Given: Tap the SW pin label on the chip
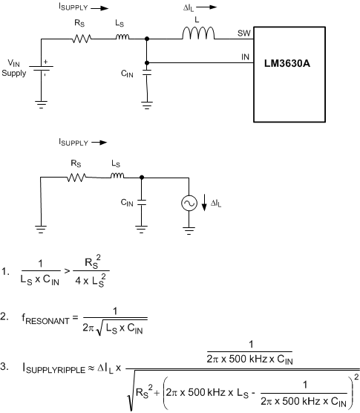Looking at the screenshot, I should point(243,33).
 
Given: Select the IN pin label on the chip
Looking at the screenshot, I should point(245,56).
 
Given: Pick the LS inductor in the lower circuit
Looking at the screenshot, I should point(117,176).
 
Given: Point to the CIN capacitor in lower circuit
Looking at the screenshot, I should point(141,201).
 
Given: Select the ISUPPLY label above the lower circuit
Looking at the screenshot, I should point(73,140).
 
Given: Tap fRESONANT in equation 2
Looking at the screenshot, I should point(48,317).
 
